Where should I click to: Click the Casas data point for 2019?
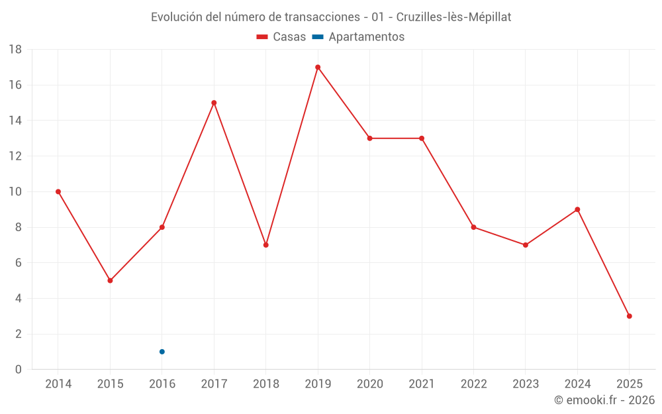(318, 67)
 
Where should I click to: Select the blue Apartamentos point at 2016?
(162, 352)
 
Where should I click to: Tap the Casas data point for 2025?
(629, 316)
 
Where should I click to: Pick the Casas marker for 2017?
(214, 103)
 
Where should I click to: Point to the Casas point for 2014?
(58, 191)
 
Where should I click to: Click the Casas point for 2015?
(110, 280)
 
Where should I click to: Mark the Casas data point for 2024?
(577, 209)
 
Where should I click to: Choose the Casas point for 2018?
(265, 245)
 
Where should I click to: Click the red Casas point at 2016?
(162, 227)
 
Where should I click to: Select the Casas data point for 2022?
(473, 227)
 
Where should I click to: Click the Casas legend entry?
(281, 37)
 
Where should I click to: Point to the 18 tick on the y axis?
(15, 50)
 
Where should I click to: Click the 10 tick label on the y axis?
(15, 192)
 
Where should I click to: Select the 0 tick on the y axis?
(19, 370)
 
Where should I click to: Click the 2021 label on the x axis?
(422, 384)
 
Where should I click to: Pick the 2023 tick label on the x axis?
(526, 384)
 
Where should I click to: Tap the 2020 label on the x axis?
(369, 384)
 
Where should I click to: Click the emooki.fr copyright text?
(604, 400)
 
